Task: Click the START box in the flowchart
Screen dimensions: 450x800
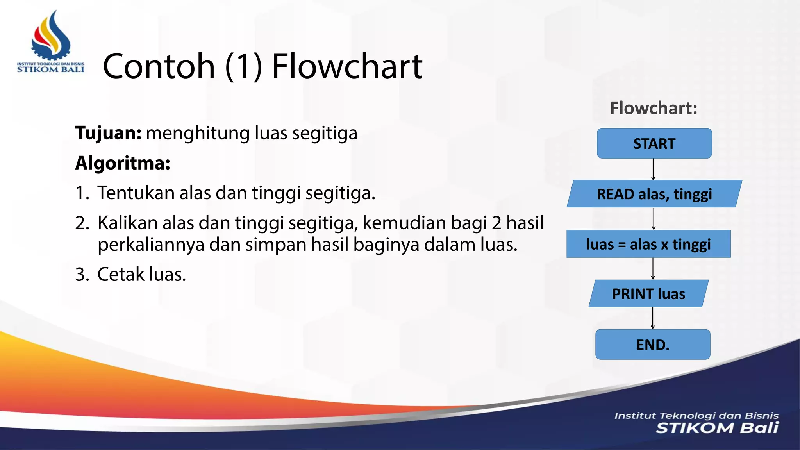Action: click(654, 143)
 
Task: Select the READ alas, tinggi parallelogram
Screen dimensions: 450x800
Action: click(654, 194)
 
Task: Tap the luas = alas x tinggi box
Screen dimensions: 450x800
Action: click(648, 244)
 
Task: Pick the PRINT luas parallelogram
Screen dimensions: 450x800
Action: click(648, 294)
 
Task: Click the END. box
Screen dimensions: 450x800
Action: click(652, 345)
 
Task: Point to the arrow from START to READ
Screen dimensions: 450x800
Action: click(653, 169)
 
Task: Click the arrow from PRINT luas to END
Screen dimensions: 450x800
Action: click(652, 318)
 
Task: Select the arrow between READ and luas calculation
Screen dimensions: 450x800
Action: click(654, 219)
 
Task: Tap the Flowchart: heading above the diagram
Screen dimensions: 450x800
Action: click(654, 108)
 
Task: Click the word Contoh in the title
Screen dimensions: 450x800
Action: click(159, 66)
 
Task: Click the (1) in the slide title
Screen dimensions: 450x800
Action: click(243, 66)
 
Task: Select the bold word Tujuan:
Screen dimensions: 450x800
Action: click(108, 133)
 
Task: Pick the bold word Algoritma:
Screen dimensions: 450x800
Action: click(123, 163)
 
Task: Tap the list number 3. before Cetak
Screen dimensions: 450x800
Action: click(82, 275)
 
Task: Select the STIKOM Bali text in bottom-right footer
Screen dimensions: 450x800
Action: click(717, 428)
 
